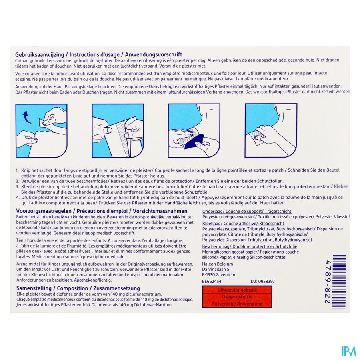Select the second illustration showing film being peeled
click(x=117, y=130)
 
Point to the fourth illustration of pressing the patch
click(x=271, y=130)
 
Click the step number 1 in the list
click(x=17, y=170)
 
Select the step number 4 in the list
click(x=17, y=197)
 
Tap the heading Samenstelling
click(x=33, y=288)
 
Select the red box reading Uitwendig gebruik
click(x=234, y=290)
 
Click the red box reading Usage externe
click(x=234, y=297)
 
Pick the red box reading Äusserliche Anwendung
click(x=234, y=304)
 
